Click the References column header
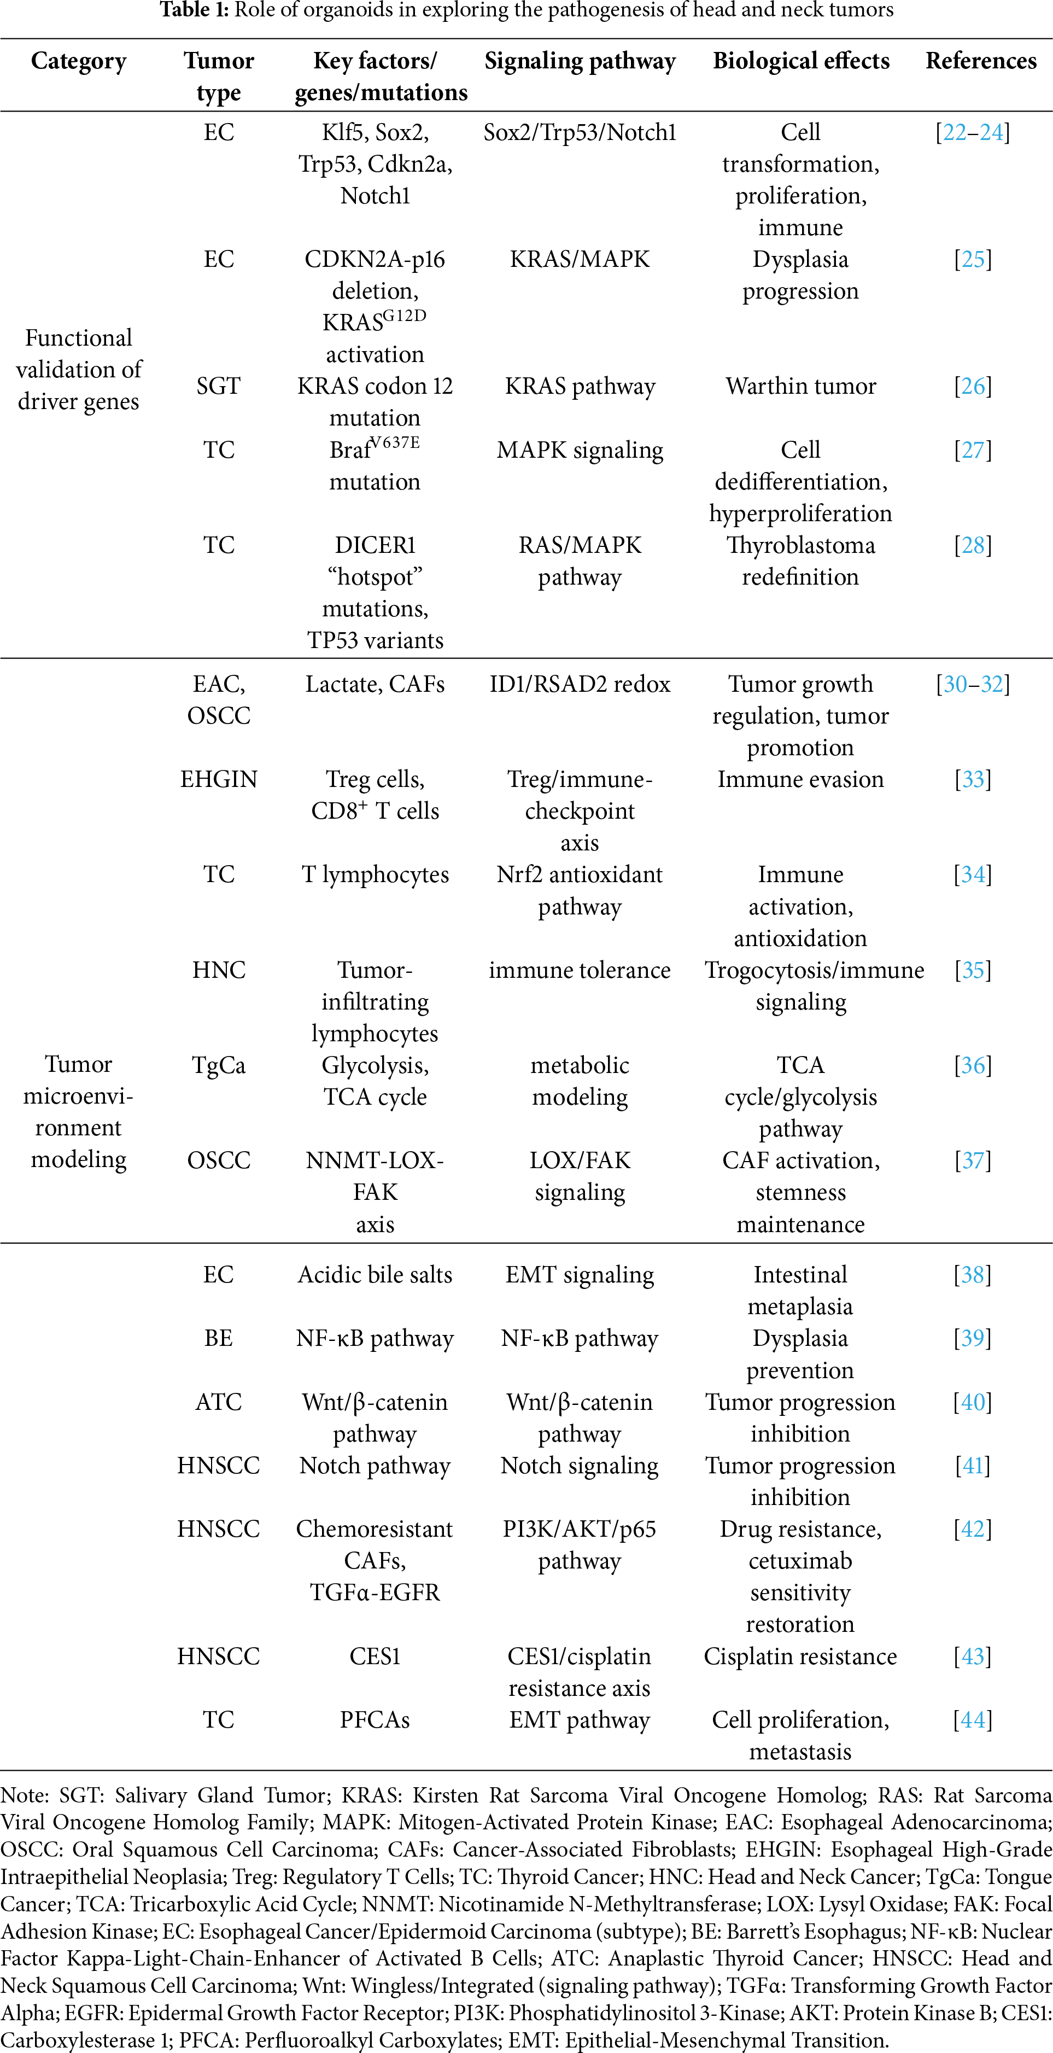980,61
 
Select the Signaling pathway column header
580,61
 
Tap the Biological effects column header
800,61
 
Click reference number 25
973,259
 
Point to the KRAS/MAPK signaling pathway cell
580,259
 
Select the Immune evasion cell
800,779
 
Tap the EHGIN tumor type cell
218,779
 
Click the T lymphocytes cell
375,875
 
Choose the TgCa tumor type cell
218,1065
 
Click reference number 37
973,1160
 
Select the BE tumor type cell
218,1338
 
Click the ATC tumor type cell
218,1402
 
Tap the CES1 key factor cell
375,1656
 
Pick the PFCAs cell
375,1720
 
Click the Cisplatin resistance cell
800,1656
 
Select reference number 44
973,1720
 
